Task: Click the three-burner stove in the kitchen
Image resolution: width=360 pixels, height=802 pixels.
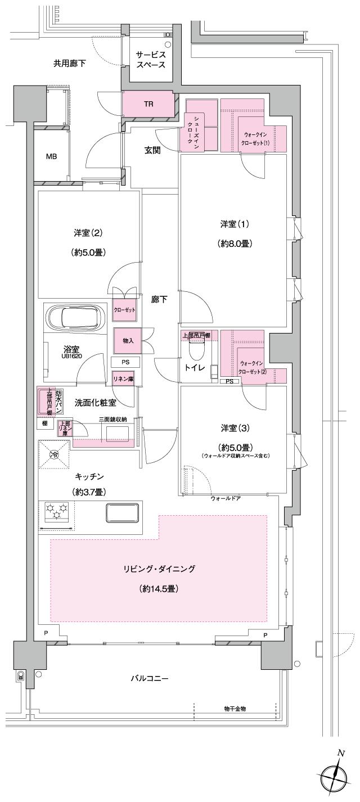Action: (56, 513)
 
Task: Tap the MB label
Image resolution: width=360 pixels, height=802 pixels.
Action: (51, 156)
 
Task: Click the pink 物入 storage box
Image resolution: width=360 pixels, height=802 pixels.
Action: (128, 340)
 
